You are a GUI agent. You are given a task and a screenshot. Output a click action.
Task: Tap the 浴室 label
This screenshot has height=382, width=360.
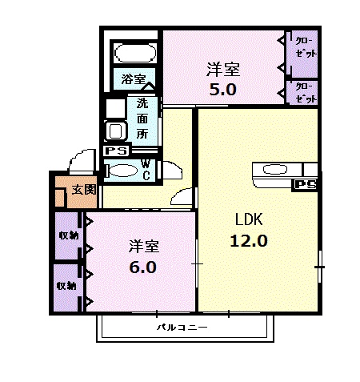pos(134,79)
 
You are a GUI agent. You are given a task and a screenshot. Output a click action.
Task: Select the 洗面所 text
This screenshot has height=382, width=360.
pos(142,119)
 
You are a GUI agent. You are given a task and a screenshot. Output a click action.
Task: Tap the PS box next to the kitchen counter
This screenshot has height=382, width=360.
pos(305,185)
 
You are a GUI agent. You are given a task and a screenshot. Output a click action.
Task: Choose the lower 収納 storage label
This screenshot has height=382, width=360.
pos(67,286)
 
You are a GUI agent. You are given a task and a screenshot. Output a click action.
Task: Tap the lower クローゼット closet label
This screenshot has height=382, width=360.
pos(306,92)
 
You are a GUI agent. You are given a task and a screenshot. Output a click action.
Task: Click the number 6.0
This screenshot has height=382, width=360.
pos(142,267)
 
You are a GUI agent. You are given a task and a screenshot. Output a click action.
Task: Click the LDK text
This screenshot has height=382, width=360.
pos(249,219)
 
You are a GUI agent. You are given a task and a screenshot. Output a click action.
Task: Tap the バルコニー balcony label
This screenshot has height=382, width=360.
pos(182,328)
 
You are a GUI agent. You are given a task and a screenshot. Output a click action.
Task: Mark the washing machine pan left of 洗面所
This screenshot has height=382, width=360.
pos(115,130)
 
